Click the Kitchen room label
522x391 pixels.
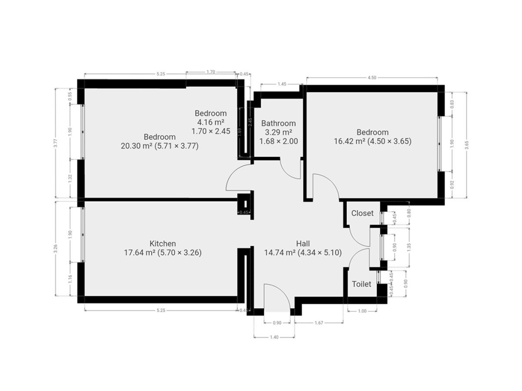(163, 244)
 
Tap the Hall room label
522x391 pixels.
(303, 244)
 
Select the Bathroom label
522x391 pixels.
(278, 123)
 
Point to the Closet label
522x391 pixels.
(362, 213)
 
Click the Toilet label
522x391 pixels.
(361, 284)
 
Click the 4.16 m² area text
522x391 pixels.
(211, 122)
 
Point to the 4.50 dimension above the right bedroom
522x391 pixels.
(372, 78)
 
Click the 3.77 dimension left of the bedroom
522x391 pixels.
(55, 143)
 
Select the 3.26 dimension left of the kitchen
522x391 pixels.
(55, 249)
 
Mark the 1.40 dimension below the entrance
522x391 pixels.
(274, 337)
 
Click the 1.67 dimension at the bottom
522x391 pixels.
(319, 323)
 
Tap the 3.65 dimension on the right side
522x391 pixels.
(467, 145)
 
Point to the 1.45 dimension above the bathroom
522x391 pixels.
(282, 84)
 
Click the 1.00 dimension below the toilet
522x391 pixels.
(362, 311)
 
